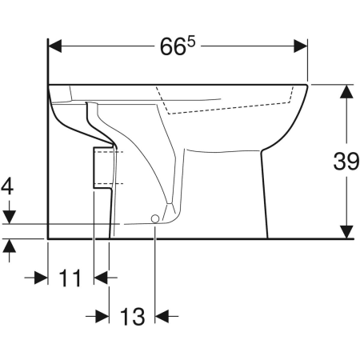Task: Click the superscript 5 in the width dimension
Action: click(191, 42)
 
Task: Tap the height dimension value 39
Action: click(346, 161)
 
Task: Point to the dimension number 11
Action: click(70, 278)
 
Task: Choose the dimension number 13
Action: click(132, 317)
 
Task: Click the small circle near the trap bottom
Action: click(155, 218)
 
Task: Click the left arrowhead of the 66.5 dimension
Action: click(55, 46)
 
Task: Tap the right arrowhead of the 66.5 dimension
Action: click(301, 46)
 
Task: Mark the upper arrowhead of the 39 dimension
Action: click(346, 91)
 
